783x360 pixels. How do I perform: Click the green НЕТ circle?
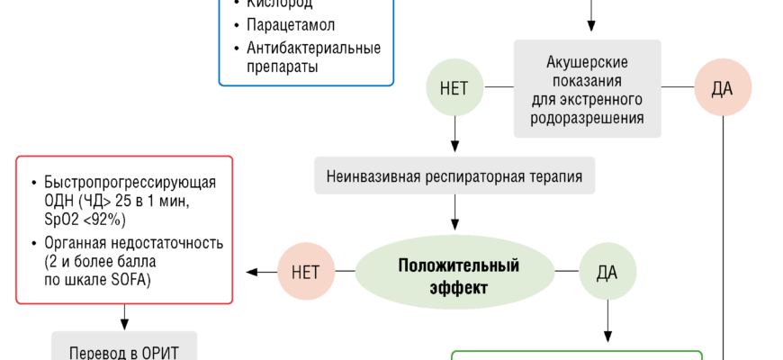coord(454,88)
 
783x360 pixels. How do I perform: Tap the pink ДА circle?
coord(723,88)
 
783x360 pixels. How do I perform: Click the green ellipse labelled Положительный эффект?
coord(458,276)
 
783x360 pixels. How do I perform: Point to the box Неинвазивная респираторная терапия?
coord(454,176)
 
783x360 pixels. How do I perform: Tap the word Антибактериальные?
coord(313,48)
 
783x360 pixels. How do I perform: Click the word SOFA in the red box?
coord(127,282)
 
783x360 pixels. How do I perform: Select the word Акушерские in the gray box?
coord(586,62)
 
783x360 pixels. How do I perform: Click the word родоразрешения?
coord(586,118)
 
